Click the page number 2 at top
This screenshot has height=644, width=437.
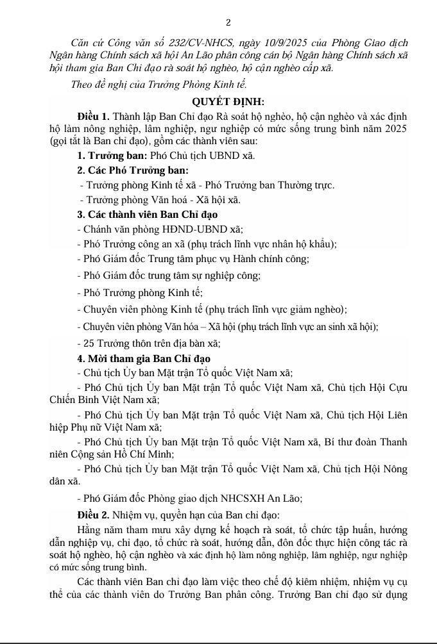tap(219, 22)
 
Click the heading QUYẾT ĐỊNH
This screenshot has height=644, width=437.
tap(228, 101)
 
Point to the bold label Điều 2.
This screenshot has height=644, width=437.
tap(92, 515)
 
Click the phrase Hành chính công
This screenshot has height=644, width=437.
tap(278, 259)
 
